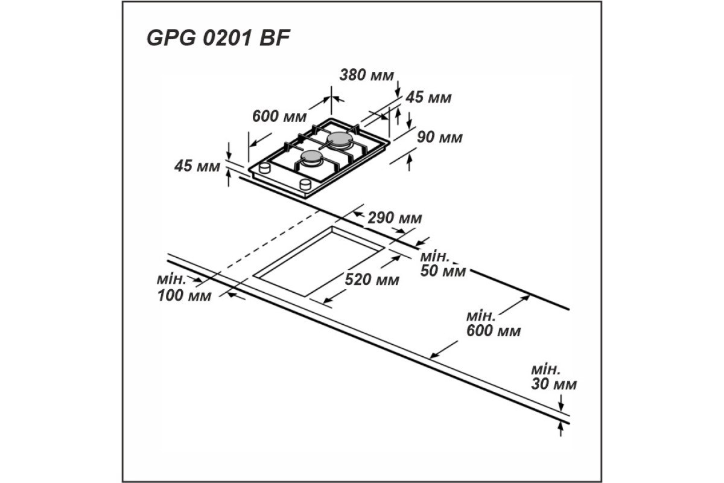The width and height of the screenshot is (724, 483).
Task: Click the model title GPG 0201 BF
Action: click(218, 38)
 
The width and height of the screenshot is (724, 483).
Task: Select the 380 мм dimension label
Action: click(367, 75)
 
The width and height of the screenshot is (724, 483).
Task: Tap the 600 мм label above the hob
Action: click(279, 116)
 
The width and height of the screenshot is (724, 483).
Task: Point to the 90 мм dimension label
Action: click(440, 137)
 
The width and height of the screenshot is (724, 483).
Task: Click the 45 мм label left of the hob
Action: click(197, 166)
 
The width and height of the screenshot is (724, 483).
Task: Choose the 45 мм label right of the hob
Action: click(428, 97)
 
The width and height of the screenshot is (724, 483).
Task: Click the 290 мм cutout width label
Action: click(395, 218)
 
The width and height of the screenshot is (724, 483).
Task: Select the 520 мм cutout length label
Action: click(372, 280)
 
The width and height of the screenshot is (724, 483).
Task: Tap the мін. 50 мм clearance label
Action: click(443, 264)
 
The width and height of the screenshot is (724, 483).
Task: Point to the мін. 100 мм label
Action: click(184, 288)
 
